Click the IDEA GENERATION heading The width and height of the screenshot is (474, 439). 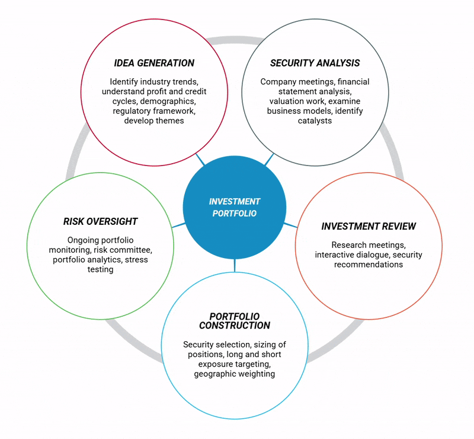pyautogui.click(x=154, y=63)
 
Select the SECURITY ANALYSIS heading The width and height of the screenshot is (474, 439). pyautogui.click(x=315, y=63)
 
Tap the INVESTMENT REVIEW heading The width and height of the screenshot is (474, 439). pyautogui.click(x=369, y=227)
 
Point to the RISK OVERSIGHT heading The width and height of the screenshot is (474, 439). pyautogui.click(x=100, y=221)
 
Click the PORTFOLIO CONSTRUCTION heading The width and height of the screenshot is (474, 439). pyautogui.click(x=235, y=321)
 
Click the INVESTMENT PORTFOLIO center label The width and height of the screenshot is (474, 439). pyautogui.click(x=235, y=208)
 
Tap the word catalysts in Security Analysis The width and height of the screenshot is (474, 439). pyautogui.click(x=315, y=120)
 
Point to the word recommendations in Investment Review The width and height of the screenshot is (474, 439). pyautogui.click(x=369, y=264)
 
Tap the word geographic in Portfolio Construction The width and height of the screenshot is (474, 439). pyautogui.click(x=217, y=374)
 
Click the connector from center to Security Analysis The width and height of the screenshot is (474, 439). pyautogui.click(x=269, y=159)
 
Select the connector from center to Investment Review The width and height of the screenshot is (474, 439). pyautogui.click(x=290, y=225)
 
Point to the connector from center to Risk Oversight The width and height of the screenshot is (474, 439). pyautogui.click(x=178, y=225)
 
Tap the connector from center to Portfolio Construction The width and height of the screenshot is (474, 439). pyautogui.click(x=235, y=265)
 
